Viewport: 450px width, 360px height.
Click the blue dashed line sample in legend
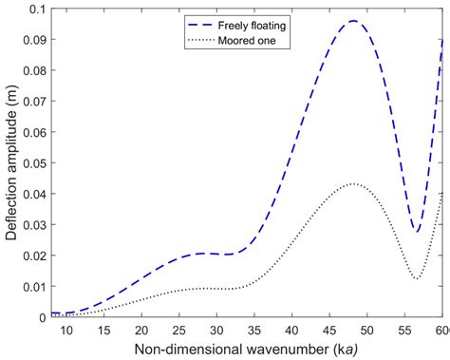click(203, 23)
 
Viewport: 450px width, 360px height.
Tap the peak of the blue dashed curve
click(353, 21)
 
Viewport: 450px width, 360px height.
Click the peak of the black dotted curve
click(351, 183)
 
